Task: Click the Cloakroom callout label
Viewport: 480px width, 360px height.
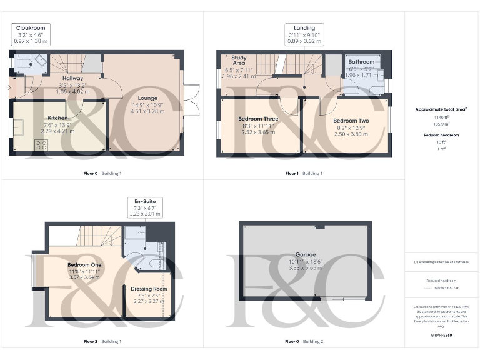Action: (31, 28)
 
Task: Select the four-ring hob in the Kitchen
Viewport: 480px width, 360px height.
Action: (42, 144)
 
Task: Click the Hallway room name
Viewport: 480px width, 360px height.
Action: (73, 78)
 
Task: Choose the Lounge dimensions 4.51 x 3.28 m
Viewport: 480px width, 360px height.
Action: (147, 112)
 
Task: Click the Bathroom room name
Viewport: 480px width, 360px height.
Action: (361, 62)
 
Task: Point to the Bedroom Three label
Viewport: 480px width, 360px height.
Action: (258, 118)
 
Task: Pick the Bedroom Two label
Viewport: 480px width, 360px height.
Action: (351, 121)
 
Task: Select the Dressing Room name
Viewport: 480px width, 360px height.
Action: (149, 289)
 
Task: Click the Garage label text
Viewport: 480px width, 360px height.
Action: (306, 254)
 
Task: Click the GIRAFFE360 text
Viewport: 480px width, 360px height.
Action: (441, 336)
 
